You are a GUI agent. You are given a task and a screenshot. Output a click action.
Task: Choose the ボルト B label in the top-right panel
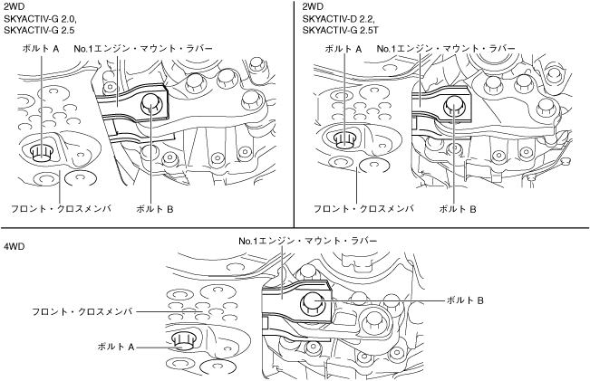(x=457, y=208)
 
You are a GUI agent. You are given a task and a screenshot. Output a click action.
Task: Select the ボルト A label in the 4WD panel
(x=116, y=347)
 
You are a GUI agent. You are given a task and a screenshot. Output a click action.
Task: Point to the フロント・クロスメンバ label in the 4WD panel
(x=82, y=311)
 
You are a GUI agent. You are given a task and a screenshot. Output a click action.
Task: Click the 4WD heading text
(x=15, y=246)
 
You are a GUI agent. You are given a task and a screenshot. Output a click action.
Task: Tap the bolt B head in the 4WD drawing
(x=313, y=302)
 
